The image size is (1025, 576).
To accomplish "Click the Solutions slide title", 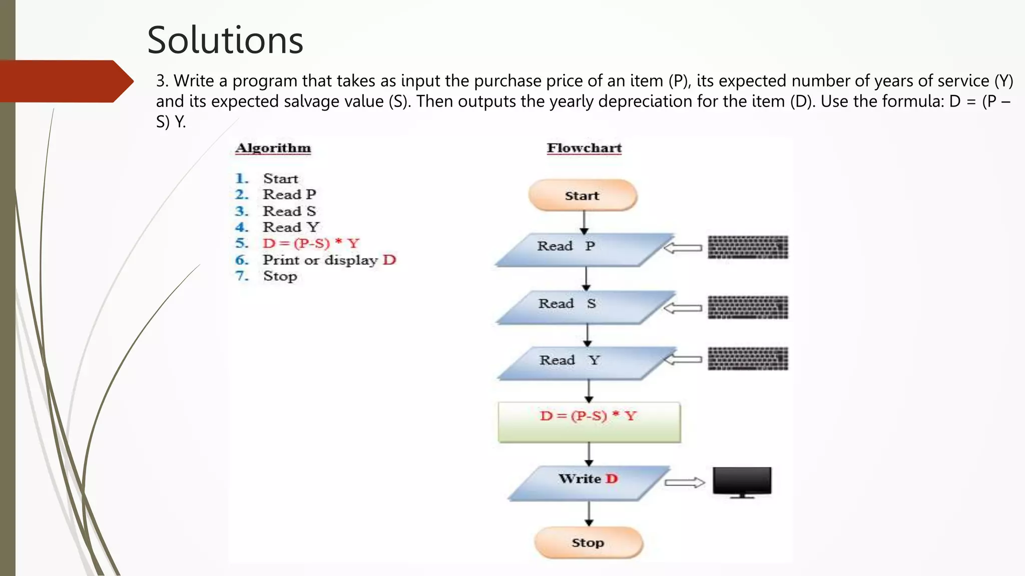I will coord(225,40).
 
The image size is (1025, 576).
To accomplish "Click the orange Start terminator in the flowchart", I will coord(582,195).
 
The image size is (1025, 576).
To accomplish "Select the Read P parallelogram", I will coord(583,248).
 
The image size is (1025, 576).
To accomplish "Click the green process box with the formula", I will coord(589,421).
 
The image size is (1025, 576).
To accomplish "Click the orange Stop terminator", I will coord(588,542).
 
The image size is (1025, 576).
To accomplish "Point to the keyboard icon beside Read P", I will coord(748,247).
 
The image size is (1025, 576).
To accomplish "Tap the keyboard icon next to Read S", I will coord(748,307).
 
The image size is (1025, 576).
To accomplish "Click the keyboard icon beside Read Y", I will coord(748,358).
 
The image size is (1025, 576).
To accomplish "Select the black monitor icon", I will coord(742,481).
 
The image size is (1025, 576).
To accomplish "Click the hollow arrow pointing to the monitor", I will coord(684,482).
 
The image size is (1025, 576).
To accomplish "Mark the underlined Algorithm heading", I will coord(273,148).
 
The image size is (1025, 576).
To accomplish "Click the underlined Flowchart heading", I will coord(584,148).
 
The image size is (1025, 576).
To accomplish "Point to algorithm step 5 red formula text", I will coord(311,243).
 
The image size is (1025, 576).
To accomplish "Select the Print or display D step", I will coord(329,260).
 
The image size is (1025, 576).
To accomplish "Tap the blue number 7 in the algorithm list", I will coord(242,276).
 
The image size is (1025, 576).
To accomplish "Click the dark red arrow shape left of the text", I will coord(65,81).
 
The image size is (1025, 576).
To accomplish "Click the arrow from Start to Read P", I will coord(584,222).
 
